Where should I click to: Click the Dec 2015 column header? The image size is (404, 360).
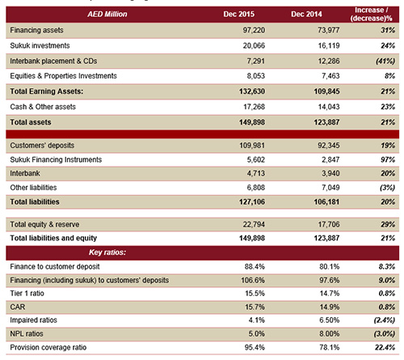[238, 14]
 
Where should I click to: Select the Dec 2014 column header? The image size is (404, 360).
[306, 14]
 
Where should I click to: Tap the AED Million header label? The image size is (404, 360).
[107, 14]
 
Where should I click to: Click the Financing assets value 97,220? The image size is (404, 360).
[254, 30]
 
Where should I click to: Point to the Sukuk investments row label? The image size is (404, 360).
[40, 45]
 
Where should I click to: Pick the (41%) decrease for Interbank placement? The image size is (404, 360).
[385, 61]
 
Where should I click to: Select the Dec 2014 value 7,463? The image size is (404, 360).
[330, 76]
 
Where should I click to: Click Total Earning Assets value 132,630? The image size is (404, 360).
[252, 91]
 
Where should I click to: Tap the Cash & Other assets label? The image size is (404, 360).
[43, 107]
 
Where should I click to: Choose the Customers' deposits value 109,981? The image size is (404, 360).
[252, 146]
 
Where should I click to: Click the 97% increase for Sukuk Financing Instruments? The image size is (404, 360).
[388, 159]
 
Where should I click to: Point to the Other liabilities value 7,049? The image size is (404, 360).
[330, 188]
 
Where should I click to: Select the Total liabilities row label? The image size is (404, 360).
[35, 201]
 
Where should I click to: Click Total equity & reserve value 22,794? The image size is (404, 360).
[254, 224]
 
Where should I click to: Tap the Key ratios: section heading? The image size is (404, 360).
[107, 252]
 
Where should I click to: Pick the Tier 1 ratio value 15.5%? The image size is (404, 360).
[255, 294]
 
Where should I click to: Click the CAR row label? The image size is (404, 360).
[18, 307]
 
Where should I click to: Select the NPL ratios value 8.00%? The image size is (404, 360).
[330, 334]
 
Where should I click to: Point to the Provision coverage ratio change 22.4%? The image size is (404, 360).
[385, 347]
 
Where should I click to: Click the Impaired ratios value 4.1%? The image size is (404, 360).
[256, 320]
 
